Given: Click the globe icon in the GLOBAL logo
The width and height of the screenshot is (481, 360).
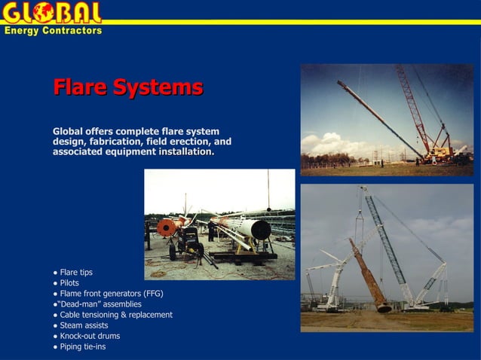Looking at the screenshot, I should click(43, 13).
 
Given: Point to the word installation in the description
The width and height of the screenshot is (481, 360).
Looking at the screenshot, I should click(186, 152).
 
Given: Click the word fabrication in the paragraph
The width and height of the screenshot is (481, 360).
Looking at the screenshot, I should click(117, 142).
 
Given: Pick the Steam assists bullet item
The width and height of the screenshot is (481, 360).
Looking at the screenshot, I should click(84, 325).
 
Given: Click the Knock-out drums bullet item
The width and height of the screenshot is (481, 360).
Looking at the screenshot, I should click(90, 336).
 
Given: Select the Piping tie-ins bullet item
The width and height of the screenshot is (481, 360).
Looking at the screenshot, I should click(82, 346).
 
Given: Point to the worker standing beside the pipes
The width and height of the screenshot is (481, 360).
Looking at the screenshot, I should click(212, 229).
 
